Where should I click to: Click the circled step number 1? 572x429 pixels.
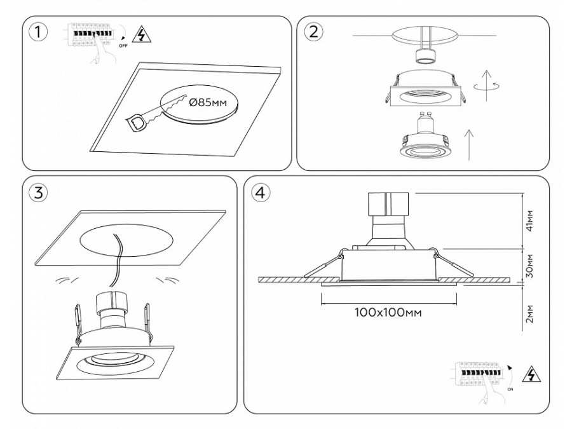39,32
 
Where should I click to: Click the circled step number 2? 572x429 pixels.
313,32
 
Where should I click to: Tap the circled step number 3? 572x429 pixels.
39,194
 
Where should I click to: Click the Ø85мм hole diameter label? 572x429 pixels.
208,102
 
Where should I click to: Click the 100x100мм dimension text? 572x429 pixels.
389,313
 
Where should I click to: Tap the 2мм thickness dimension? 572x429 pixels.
529,314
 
